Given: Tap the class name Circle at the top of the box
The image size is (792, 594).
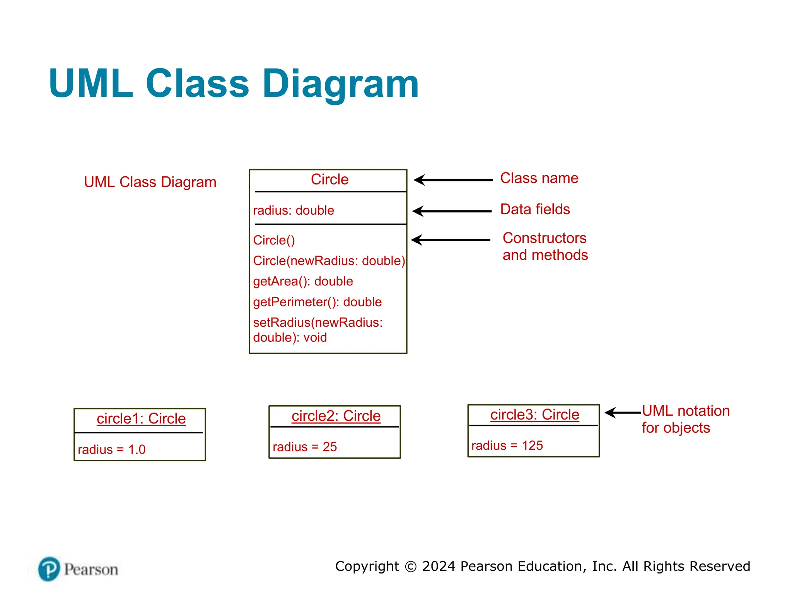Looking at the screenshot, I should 329,179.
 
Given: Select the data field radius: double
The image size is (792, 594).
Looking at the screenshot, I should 293,210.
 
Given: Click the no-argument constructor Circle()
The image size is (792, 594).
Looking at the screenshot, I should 274,240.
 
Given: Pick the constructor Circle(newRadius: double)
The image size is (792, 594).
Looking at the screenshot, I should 329,261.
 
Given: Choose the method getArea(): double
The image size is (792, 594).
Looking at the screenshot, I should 303,281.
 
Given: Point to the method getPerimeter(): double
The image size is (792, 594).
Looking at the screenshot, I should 317,302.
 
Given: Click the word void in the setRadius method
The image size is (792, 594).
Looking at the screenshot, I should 315,338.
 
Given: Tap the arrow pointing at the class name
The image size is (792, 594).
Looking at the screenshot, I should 452,180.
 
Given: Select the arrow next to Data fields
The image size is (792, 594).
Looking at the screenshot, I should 452,211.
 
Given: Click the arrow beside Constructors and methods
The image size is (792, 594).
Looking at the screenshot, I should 451,240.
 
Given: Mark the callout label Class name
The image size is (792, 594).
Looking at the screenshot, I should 539,178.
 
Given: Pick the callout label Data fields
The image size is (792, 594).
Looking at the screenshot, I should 535,209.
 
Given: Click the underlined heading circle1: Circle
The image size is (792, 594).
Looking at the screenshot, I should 141,419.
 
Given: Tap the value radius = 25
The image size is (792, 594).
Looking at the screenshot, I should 305,447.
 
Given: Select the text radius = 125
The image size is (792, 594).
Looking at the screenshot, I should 507,445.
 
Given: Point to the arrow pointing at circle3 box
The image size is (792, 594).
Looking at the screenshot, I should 622,413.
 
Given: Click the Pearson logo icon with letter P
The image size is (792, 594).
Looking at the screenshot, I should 49,569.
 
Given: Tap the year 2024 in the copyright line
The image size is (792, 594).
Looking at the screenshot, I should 439,566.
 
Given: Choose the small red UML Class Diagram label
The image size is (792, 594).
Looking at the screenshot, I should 150,182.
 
